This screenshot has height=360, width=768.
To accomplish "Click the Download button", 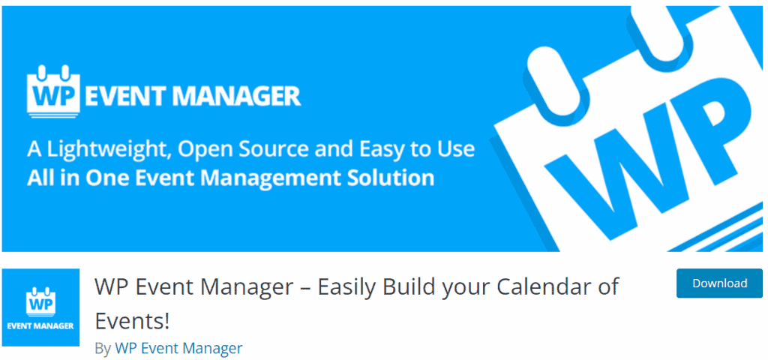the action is click(x=719, y=283).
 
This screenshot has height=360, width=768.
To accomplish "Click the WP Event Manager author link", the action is click(x=178, y=348).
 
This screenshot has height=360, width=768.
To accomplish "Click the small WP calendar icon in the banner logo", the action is click(x=54, y=91).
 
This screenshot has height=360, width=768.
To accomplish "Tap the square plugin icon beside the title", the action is click(x=40, y=307).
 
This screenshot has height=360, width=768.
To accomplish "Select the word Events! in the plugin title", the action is click(x=132, y=321).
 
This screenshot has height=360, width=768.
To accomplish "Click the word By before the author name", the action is click(x=103, y=349).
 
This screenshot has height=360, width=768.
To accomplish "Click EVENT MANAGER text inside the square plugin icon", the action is click(x=40, y=325).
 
